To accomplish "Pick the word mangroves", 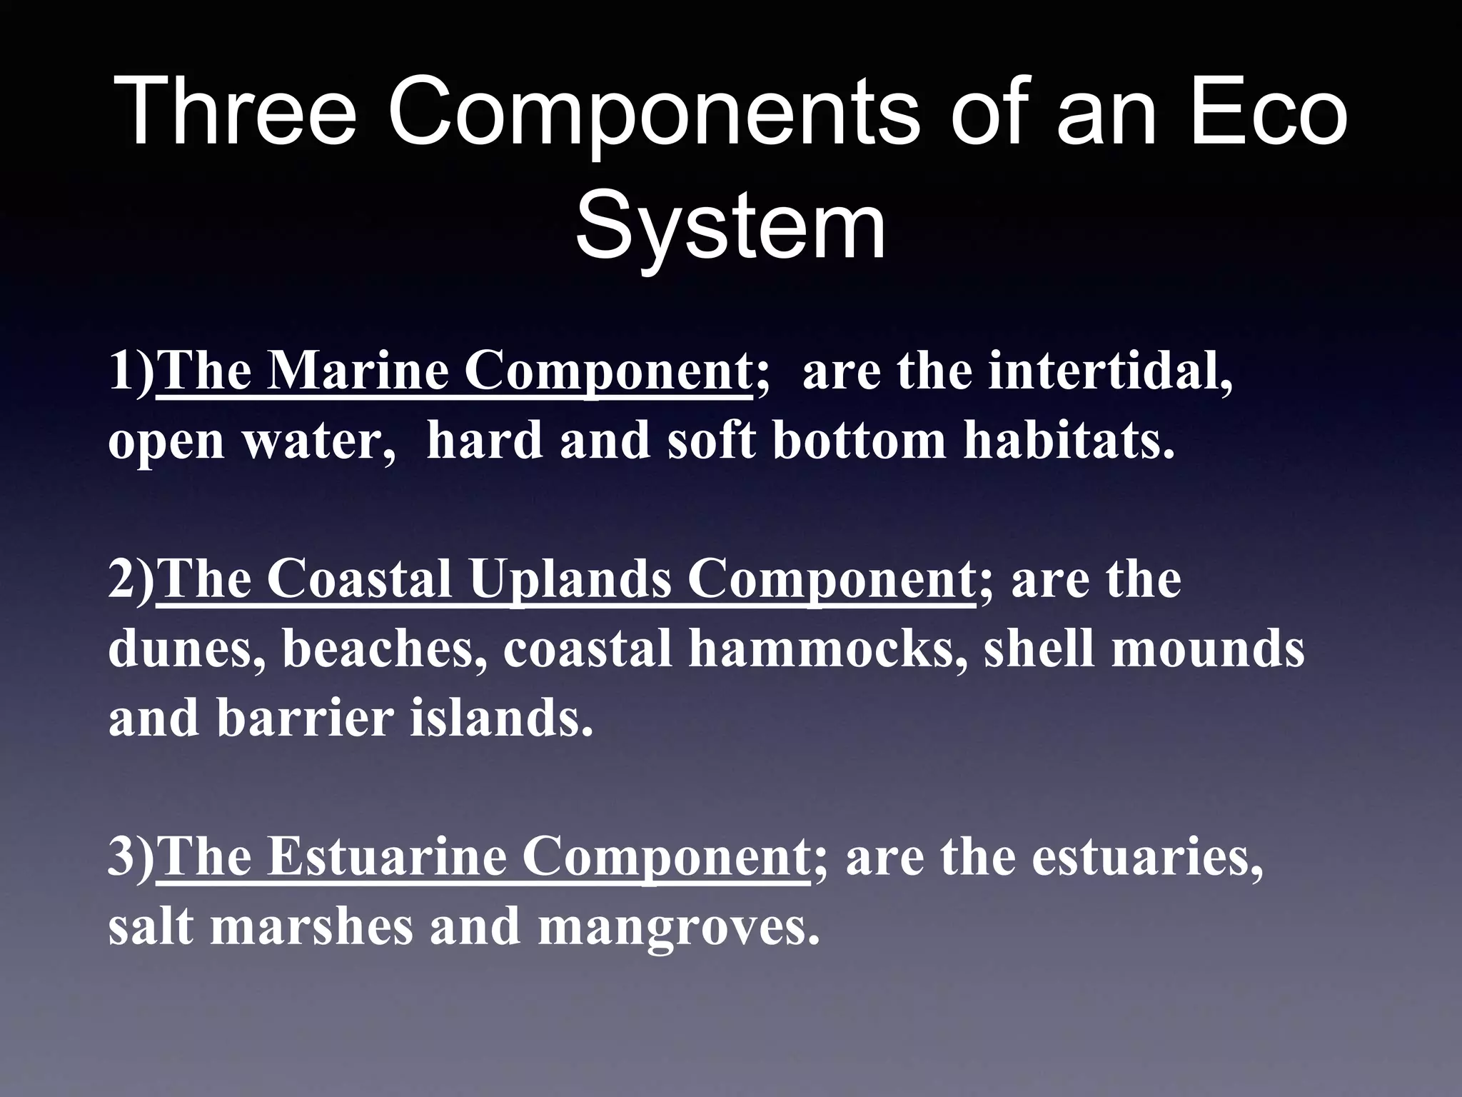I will pos(678,926).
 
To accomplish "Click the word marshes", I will pos(311,926).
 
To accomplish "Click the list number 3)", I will pos(131,857).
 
